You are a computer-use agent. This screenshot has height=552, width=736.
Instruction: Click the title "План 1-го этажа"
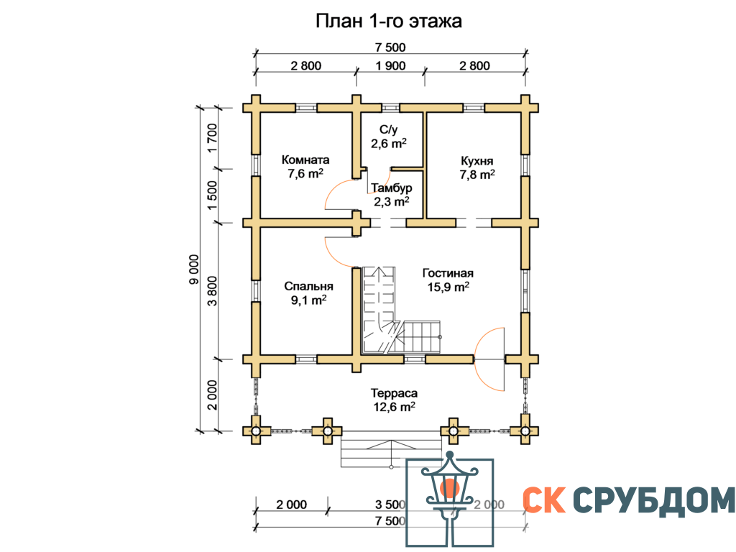coord(389,21)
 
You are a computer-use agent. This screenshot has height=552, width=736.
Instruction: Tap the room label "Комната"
coord(305,160)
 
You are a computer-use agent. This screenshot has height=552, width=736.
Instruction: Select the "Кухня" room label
coord(477,162)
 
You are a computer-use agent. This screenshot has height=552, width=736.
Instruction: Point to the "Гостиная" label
coord(448,272)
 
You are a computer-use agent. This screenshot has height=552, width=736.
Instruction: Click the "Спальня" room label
coord(309,286)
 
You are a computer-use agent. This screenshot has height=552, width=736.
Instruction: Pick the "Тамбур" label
coord(392,188)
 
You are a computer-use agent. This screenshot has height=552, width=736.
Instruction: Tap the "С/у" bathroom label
coord(389,129)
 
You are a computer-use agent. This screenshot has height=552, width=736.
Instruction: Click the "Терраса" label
coord(394,393)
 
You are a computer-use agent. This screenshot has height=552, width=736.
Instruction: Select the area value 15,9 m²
coord(448,286)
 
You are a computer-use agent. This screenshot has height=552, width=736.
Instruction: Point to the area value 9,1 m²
coord(308,300)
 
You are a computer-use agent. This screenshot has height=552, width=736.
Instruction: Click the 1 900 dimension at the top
coord(390,65)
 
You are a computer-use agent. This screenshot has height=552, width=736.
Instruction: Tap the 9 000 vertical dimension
coord(194,270)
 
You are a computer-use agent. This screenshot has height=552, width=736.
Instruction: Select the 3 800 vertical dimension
coord(212,290)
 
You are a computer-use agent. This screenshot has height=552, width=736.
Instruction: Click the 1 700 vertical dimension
coord(212,138)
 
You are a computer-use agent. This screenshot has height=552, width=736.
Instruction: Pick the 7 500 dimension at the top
coord(390,47)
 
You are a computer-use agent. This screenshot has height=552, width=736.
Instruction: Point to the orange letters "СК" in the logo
coord(544,500)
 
